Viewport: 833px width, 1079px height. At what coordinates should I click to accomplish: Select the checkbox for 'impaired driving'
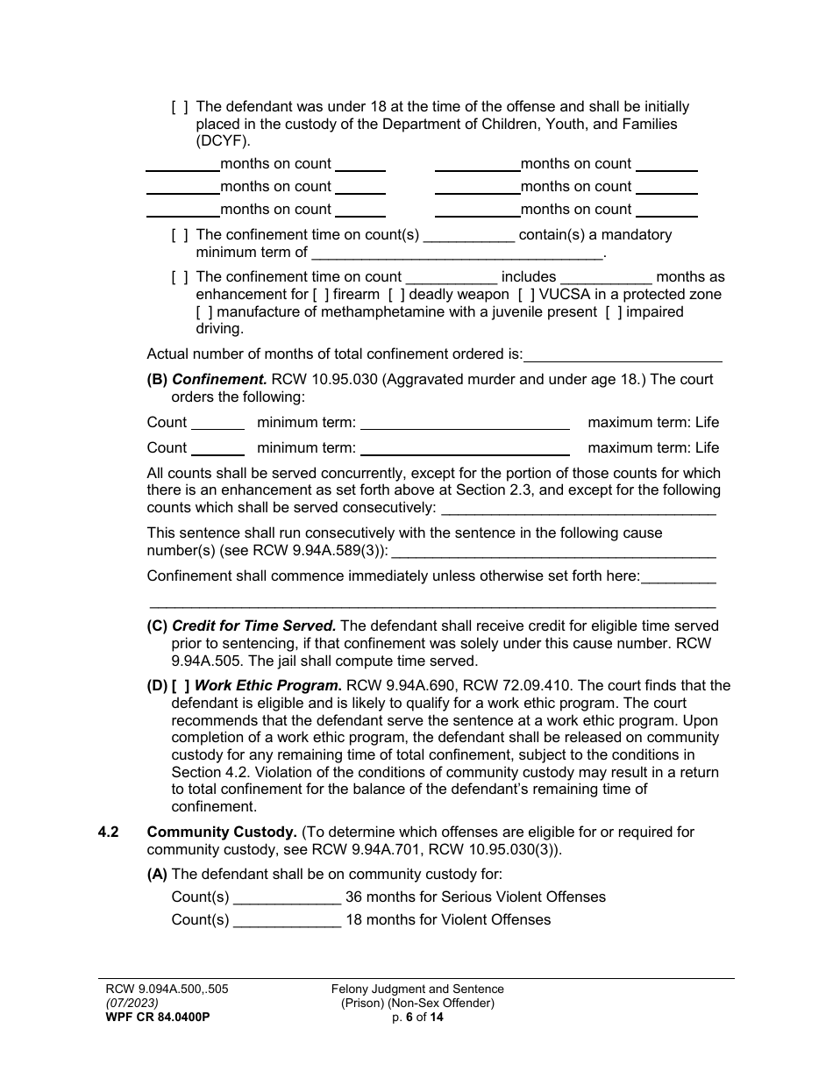(x=614, y=312)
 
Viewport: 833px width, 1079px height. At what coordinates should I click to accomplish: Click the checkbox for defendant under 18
(x=180, y=107)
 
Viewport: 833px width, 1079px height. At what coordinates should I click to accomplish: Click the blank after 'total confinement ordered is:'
(x=623, y=355)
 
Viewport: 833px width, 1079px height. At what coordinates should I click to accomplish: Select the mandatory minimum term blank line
(x=457, y=254)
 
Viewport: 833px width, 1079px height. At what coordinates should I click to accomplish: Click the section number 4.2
(x=109, y=832)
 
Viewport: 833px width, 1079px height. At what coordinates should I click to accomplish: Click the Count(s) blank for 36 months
(x=287, y=897)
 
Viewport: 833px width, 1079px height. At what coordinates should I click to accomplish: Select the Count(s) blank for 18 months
(x=287, y=920)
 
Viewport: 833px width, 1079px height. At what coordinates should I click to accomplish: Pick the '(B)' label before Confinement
(x=157, y=380)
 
